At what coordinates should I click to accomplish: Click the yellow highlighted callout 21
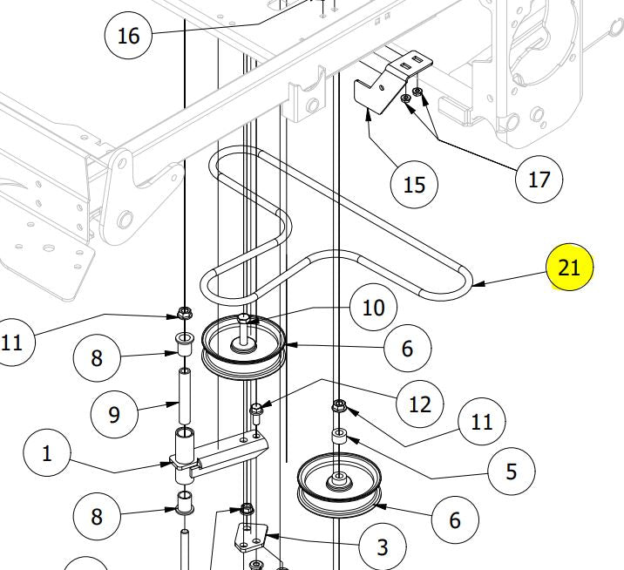[568, 268]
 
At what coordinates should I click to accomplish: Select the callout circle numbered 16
[128, 36]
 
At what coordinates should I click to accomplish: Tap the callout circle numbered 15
[414, 184]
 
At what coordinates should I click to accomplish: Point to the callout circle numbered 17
[539, 179]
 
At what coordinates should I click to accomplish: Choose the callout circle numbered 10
[373, 308]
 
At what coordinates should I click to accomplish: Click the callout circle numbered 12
[419, 404]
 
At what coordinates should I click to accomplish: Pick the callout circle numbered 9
[114, 413]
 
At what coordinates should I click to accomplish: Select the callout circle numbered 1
[47, 453]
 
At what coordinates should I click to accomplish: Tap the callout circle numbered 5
[511, 471]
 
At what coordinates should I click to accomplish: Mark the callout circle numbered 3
[382, 547]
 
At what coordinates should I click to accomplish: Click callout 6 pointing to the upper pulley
[407, 349]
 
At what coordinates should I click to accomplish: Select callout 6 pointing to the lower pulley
[455, 519]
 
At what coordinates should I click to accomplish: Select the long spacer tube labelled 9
[185, 397]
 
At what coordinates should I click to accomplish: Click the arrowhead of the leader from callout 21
[476, 283]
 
